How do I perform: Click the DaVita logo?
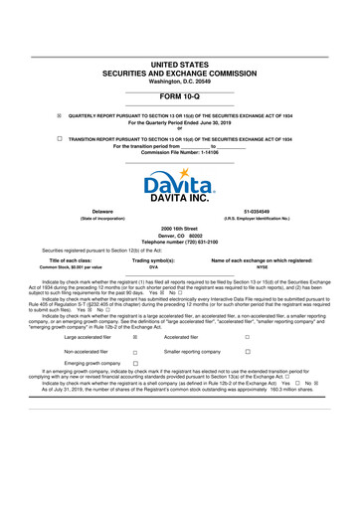179,188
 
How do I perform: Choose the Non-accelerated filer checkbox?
134,352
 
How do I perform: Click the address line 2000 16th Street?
179,228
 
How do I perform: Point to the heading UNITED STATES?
179,63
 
